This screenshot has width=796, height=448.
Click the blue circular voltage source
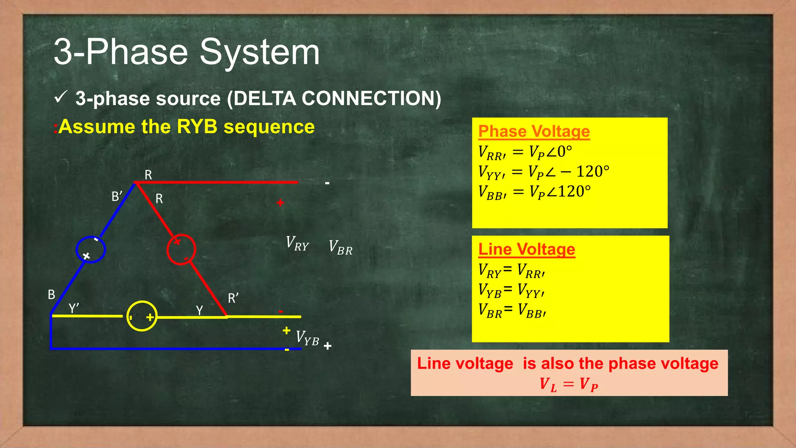tap(91, 249)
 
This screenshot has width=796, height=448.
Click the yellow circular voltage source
tap(142, 316)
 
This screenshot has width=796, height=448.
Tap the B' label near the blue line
tap(117, 196)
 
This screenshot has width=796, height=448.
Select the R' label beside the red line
tap(233, 298)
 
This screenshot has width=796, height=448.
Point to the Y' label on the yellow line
tap(74, 308)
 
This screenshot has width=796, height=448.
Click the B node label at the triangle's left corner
tap(51, 295)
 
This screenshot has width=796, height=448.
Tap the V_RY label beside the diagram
tap(297, 244)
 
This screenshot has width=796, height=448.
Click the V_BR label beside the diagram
tap(340, 248)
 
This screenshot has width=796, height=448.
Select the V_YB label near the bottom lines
tap(307, 338)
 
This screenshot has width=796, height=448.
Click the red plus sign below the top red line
tap(280, 203)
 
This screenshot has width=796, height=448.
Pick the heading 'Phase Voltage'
tap(534, 131)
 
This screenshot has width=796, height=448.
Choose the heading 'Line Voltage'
tap(526, 249)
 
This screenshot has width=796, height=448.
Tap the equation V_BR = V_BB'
tap(512, 311)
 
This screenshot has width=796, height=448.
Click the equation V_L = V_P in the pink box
tap(569, 384)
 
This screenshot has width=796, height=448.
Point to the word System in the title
tap(259, 52)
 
